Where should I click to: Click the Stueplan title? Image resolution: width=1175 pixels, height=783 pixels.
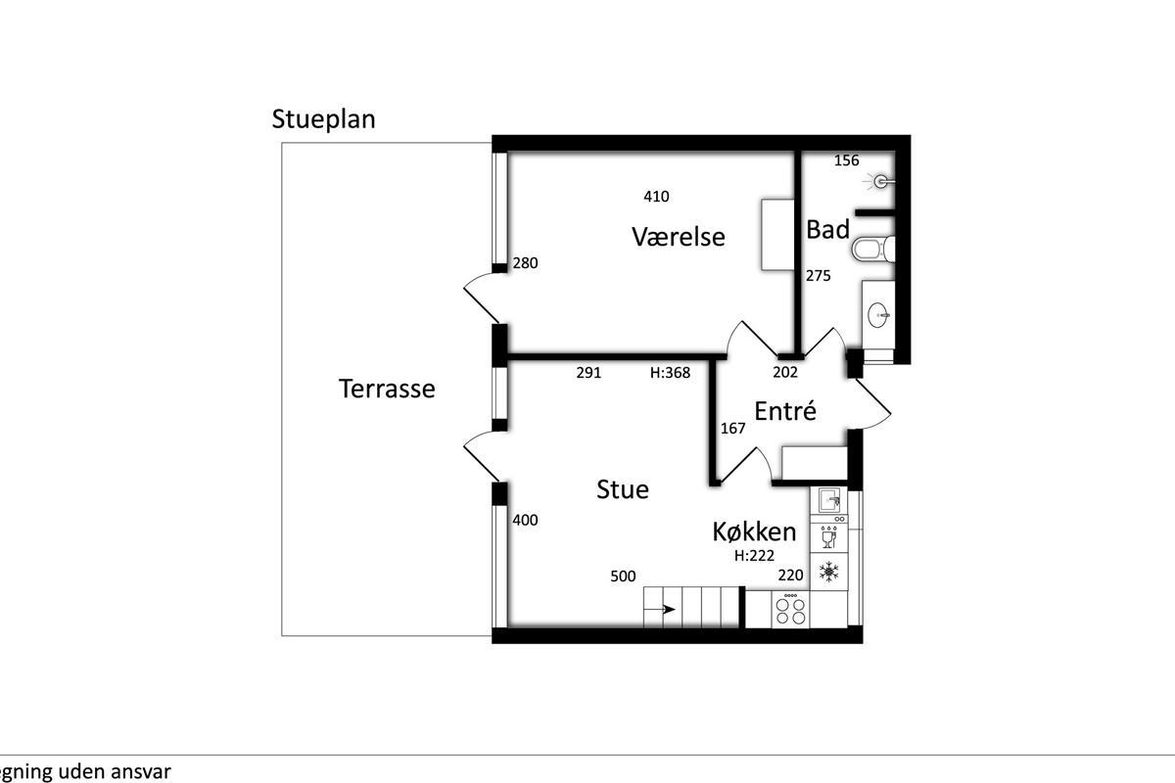tap(324, 120)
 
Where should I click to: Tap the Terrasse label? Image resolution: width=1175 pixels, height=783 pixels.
tap(387, 390)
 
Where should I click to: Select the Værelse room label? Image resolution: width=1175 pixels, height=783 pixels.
tap(679, 237)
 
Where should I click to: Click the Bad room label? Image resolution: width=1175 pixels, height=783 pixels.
tap(827, 230)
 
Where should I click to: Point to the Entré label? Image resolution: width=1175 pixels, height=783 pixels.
tap(785, 411)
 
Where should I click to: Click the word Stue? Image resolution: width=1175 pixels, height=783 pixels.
tap(623, 489)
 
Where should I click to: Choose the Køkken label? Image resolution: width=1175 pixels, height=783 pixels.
tap(754, 531)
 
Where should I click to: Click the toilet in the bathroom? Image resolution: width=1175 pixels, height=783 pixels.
tap(872, 250)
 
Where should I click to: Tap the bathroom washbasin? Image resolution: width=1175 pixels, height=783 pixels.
tap(878, 315)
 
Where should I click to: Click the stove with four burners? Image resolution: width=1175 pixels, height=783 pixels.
tap(790, 610)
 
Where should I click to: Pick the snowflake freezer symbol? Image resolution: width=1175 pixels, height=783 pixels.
tap(828, 572)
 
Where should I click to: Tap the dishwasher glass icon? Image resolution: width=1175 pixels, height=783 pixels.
tap(828, 537)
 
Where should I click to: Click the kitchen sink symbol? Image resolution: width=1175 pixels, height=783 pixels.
tap(828, 500)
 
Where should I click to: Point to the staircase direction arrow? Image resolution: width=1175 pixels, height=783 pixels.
tap(659, 609)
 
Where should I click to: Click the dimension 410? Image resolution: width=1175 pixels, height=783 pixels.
tap(656, 197)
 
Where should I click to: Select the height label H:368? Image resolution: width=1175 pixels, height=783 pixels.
tap(670, 373)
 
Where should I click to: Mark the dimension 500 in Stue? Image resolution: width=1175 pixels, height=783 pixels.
tap(623, 576)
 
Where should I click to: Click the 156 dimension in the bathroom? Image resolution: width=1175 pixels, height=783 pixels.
tap(847, 161)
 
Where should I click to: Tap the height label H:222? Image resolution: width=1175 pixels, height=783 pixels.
tap(754, 555)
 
